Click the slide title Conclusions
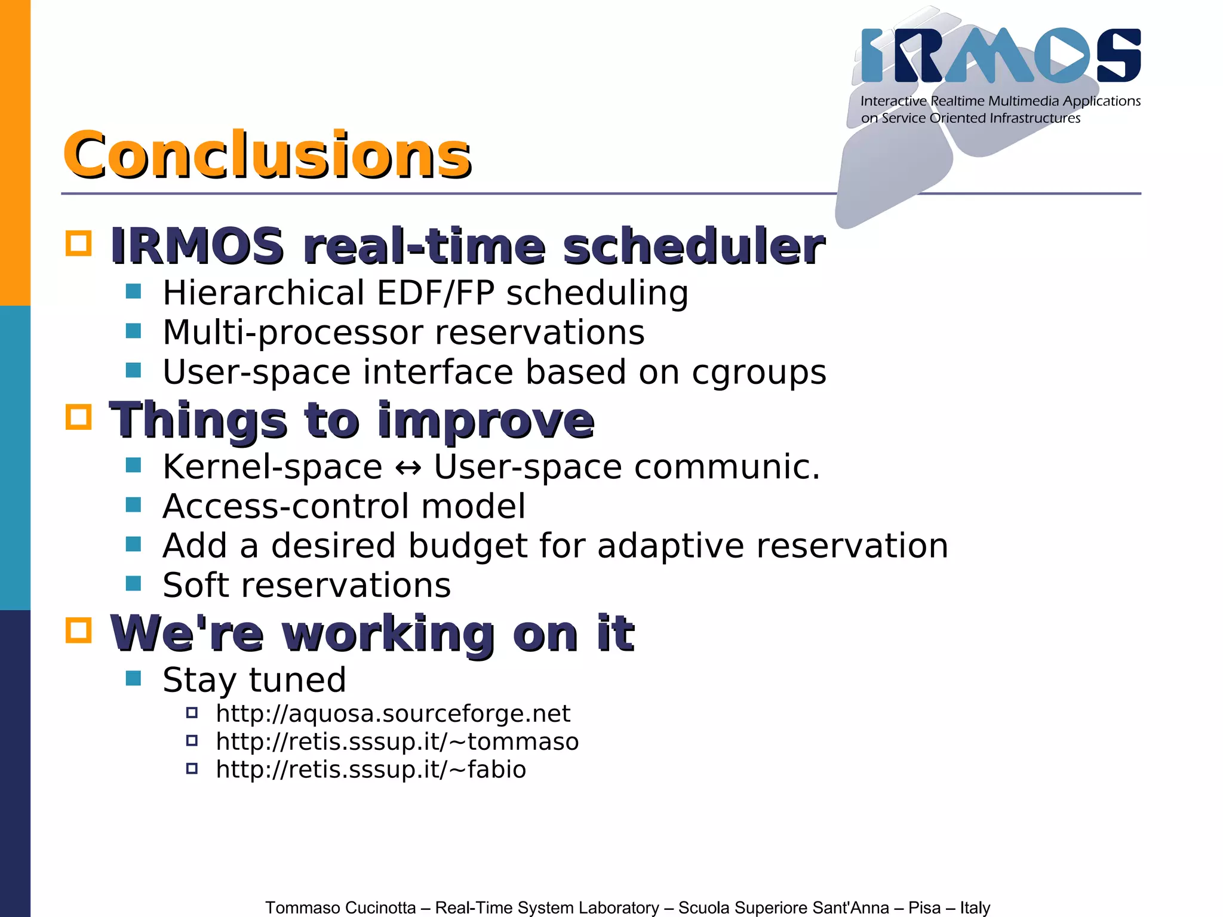pos(267,155)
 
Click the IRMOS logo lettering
pos(1000,56)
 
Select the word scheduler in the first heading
pos(693,246)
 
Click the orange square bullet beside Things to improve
pos(78,417)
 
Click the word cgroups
pos(758,373)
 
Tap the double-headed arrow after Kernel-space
pos(408,468)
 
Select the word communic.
pos(727,467)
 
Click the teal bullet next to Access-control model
pos(133,505)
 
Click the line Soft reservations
pos(306,585)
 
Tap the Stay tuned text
pos(254,680)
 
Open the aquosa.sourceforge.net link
pos(392,713)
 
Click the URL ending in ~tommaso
pos(397,741)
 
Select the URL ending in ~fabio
pos(370,770)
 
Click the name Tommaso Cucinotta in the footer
pos(340,907)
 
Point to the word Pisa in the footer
pos(924,907)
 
